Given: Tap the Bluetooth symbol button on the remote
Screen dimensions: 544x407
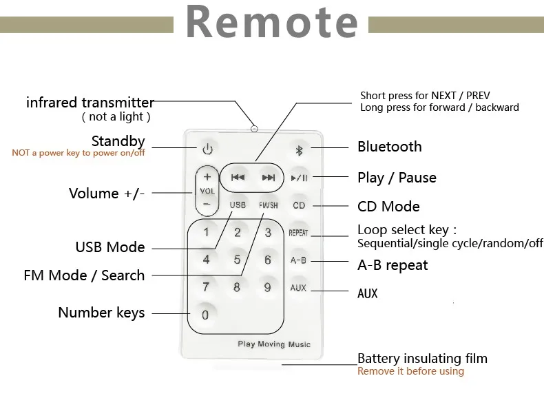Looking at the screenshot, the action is click(x=299, y=150).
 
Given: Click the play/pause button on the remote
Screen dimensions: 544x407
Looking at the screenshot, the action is click(x=299, y=178).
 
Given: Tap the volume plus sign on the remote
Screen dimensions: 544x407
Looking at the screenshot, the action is click(x=207, y=177).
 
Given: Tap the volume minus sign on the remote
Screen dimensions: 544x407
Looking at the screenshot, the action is click(x=207, y=204).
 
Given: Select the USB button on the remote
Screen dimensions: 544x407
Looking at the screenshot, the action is click(x=238, y=205).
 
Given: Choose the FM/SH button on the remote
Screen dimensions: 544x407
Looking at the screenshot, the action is click(x=268, y=205).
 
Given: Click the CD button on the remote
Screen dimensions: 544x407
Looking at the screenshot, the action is click(x=299, y=205).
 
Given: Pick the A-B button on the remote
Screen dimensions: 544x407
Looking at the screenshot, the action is click(x=298, y=260).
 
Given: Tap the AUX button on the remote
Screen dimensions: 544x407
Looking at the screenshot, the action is click(x=298, y=288).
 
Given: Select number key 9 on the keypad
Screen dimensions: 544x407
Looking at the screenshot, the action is click(x=267, y=287).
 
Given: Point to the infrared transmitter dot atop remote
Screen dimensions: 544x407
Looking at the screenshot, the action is click(x=254, y=129).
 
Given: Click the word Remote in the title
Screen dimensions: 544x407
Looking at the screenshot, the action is click(x=272, y=21).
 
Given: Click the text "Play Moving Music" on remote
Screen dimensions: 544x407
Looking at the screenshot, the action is click(x=274, y=344).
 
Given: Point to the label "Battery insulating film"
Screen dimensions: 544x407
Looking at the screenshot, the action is click(x=422, y=358).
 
